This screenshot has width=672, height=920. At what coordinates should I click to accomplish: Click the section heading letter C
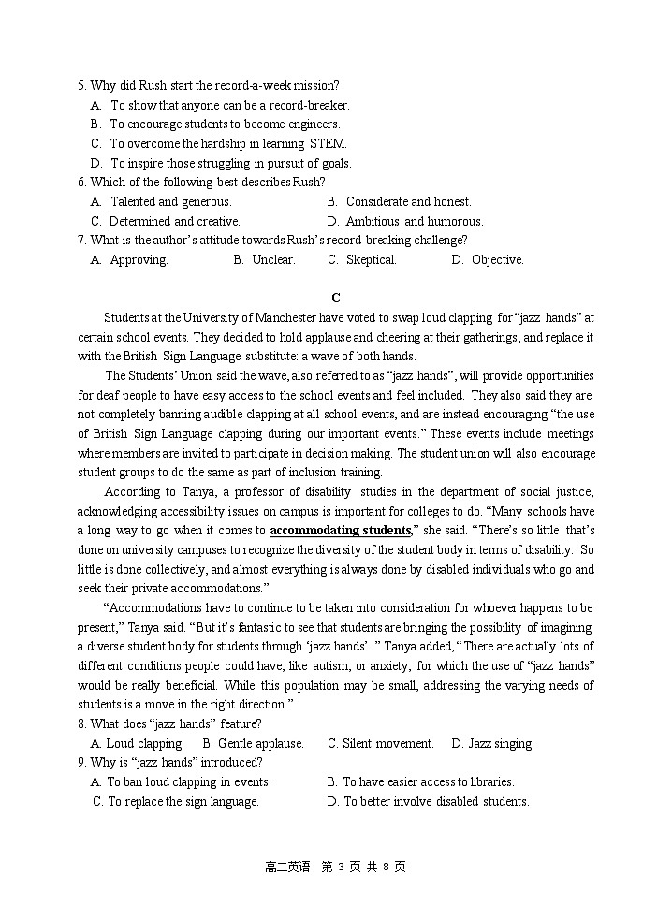336,298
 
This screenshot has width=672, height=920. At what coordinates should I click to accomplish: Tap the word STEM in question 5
329,143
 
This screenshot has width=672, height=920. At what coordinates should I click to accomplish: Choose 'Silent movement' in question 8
380,743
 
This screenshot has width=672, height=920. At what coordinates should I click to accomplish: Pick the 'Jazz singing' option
492,743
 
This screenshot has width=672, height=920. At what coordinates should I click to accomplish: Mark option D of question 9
428,801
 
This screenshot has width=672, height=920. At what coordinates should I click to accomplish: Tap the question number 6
81,182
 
